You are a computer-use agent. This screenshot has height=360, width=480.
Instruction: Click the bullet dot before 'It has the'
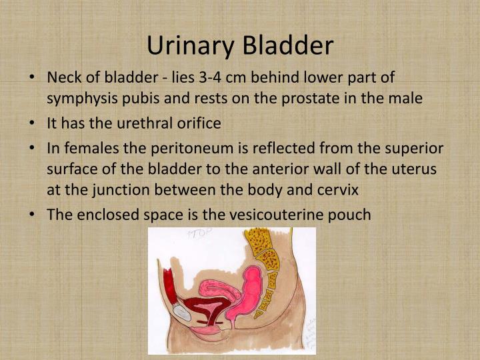pos(33,124)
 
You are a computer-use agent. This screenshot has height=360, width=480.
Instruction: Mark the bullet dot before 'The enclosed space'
pos(33,215)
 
